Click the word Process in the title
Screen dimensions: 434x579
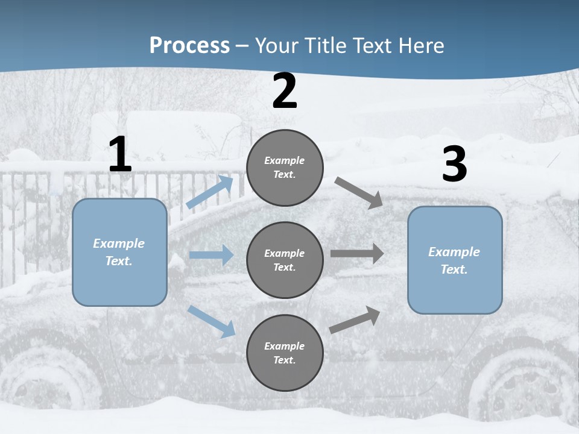point(189,46)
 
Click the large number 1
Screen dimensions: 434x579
point(119,155)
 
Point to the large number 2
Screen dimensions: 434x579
point(285,91)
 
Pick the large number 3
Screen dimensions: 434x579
point(454,165)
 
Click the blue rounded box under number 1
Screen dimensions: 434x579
point(119,252)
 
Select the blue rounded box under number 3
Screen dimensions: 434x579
point(455,260)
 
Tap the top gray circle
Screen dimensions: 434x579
point(285,168)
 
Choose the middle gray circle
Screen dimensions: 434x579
point(285,260)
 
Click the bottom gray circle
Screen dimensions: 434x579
point(285,353)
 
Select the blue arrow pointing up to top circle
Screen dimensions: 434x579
point(210,192)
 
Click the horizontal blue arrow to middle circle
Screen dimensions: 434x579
point(211,255)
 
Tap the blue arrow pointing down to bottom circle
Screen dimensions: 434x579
point(211,321)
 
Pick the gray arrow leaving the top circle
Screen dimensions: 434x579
point(358,193)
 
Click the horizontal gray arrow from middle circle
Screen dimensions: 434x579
point(357,254)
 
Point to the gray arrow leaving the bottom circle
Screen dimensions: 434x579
point(355,319)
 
